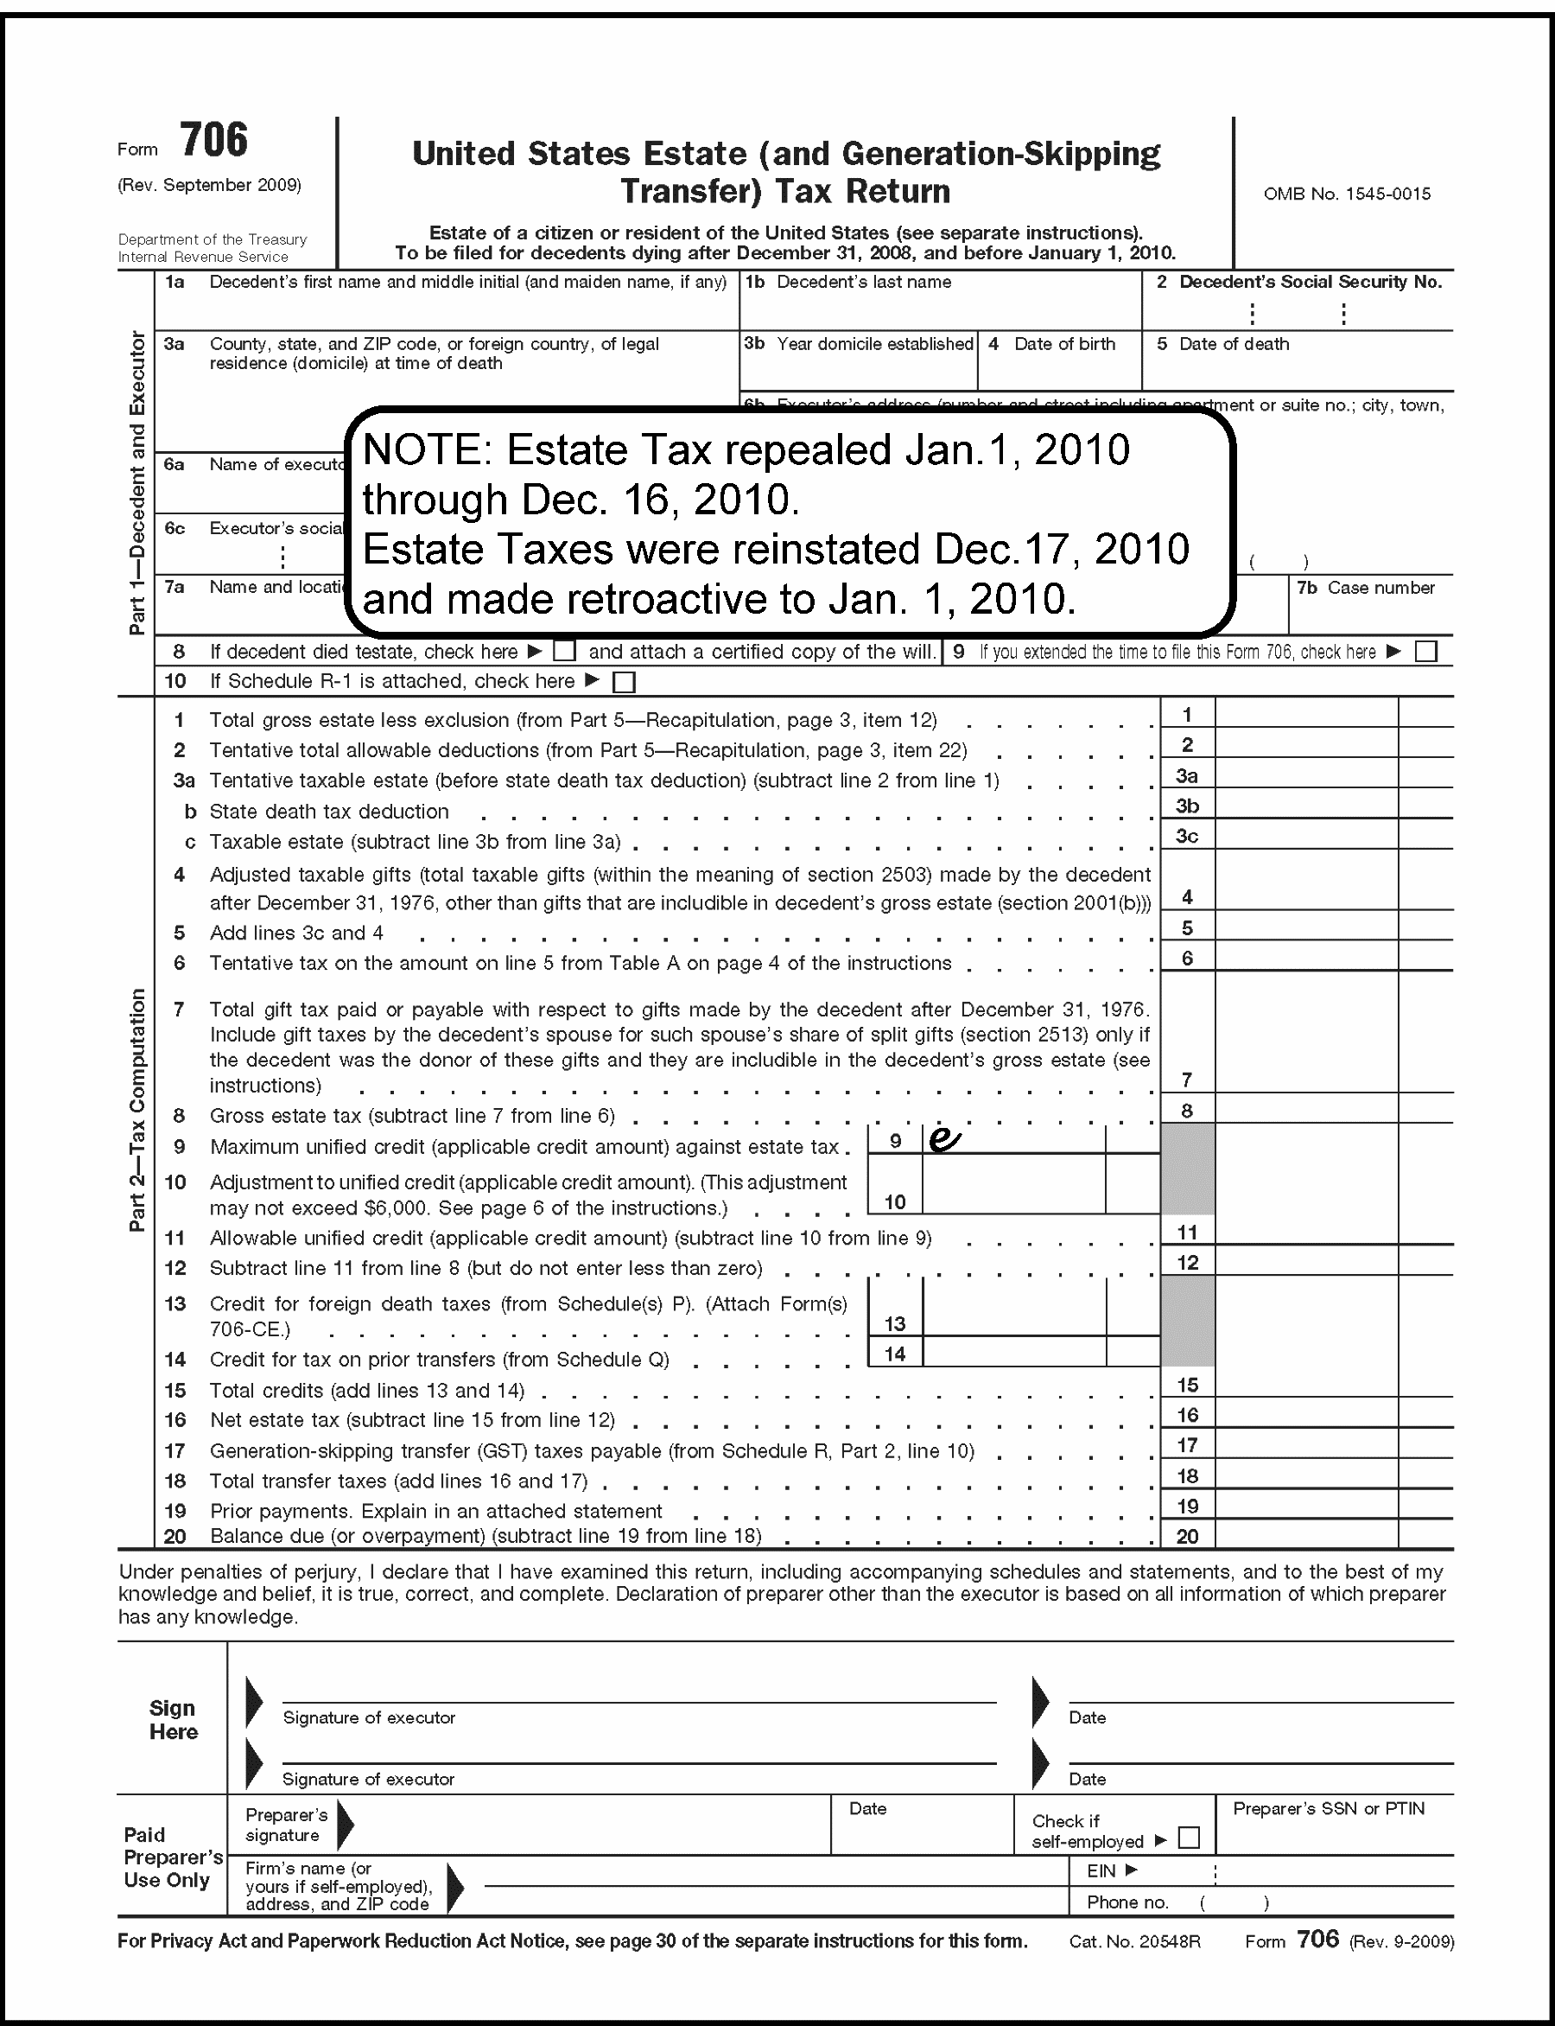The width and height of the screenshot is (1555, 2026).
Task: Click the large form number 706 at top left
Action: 214,141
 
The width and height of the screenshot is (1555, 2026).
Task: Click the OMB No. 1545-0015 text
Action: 1347,194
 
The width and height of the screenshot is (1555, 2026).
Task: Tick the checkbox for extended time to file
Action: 1426,652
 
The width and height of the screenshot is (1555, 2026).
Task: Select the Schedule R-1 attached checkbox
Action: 625,683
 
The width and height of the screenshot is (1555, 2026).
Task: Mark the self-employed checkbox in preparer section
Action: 1190,1838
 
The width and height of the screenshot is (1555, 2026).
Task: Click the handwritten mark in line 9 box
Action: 943,1140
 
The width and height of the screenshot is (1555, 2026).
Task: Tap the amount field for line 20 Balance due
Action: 1306,1536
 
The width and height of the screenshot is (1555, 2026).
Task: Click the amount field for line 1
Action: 1306,714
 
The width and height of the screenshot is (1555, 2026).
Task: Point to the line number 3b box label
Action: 1188,806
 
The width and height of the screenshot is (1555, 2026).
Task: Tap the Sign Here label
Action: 173,1719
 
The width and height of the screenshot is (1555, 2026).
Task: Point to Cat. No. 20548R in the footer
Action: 1135,1942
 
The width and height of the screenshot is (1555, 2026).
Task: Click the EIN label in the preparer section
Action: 1101,1870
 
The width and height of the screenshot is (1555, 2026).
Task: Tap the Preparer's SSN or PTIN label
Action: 1329,1808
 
